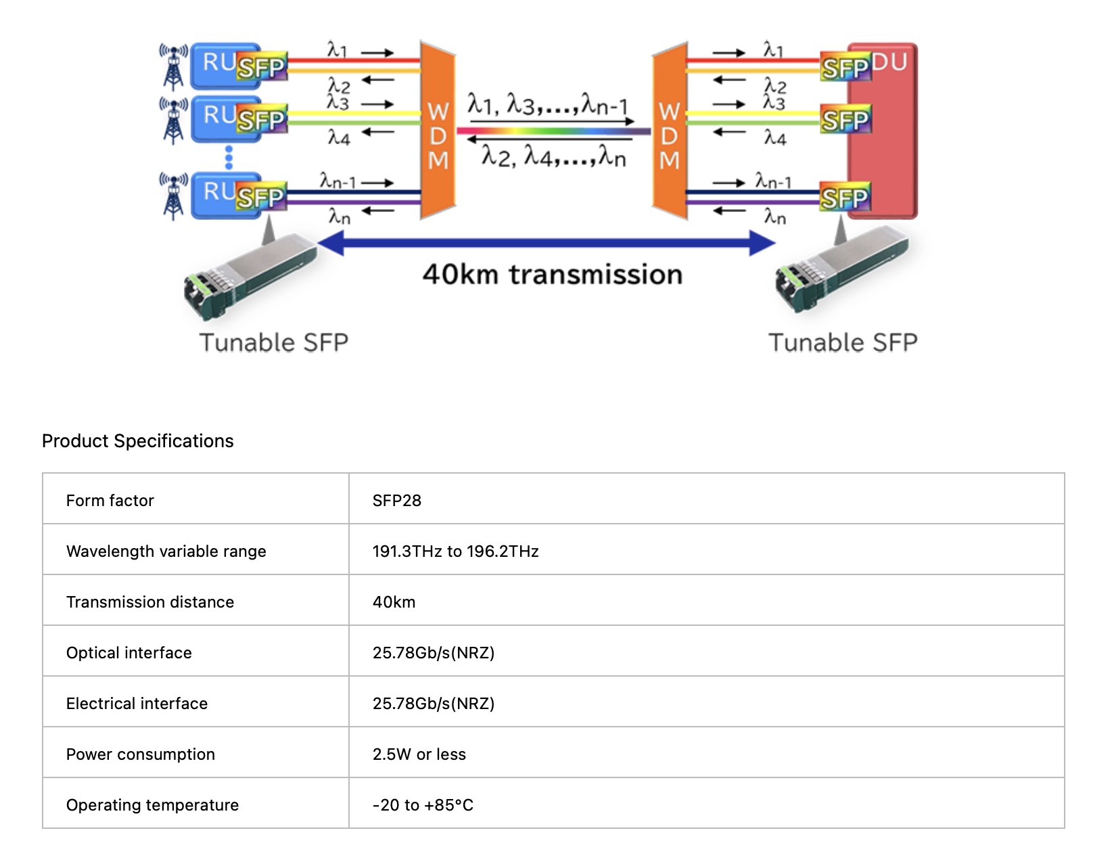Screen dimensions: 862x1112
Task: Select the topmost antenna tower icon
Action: pyautogui.click(x=174, y=66)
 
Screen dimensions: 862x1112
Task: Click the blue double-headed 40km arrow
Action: pyautogui.click(x=547, y=242)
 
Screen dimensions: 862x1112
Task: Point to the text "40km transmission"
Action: pyautogui.click(x=552, y=275)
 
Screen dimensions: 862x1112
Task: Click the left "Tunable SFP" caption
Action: pyautogui.click(x=273, y=342)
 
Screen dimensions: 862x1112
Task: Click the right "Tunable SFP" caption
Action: pyautogui.click(x=843, y=342)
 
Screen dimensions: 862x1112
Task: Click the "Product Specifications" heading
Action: pyautogui.click(x=137, y=441)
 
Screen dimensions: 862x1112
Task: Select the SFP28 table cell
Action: pyautogui.click(x=396, y=501)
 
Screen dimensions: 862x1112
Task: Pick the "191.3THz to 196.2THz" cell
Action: pyautogui.click(x=455, y=551)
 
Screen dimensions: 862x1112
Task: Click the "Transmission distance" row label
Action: pyautogui.click(x=149, y=602)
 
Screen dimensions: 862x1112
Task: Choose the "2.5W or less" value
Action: pyautogui.click(x=419, y=754)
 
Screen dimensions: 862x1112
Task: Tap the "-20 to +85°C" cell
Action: pyautogui.click(x=423, y=805)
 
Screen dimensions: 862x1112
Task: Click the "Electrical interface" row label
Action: pyautogui.click(x=137, y=704)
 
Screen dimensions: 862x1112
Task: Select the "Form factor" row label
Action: pyautogui.click(x=110, y=501)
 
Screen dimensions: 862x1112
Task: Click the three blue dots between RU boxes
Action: pyautogui.click(x=229, y=158)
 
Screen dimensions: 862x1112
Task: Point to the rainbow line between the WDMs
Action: pyautogui.click(x=553, y=131)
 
